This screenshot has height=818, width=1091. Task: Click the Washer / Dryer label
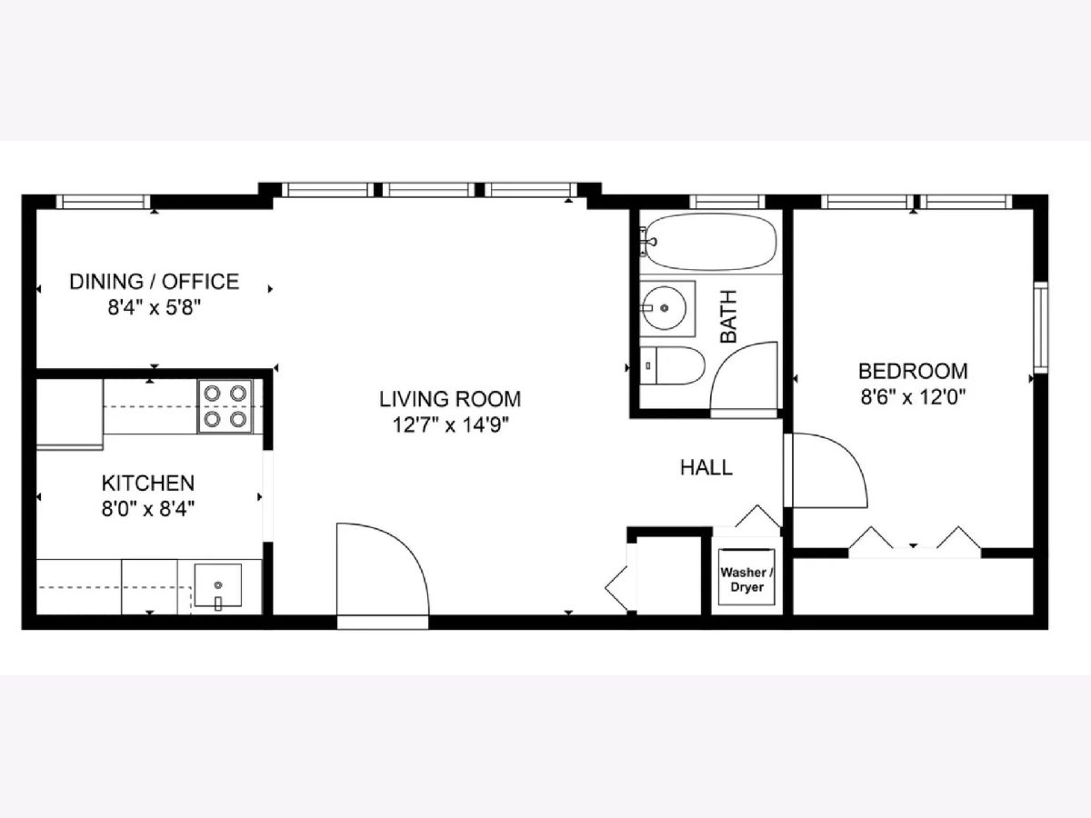[746, 580]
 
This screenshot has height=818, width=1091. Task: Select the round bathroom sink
[664, 308]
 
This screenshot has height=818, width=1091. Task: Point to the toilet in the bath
[672, 365]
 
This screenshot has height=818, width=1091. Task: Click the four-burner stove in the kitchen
[225, 406]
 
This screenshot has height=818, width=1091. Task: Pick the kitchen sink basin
[217, 585]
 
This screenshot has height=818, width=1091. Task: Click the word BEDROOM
[913, 372]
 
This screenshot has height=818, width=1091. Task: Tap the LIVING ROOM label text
[450, 399]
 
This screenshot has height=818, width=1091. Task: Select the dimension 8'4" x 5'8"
[155, 308]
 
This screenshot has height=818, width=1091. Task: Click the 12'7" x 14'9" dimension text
[451, 425]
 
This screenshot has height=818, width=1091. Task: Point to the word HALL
[706, 468]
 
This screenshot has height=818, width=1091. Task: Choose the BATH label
[728, 316]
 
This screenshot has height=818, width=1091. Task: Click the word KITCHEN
[147, 484]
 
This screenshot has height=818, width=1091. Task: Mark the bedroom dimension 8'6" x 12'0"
[913, 397]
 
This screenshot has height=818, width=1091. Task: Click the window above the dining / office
[103, 202]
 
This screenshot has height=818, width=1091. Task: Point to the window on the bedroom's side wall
[1041, 327]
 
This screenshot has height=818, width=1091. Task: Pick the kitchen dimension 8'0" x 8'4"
[148, 509]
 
